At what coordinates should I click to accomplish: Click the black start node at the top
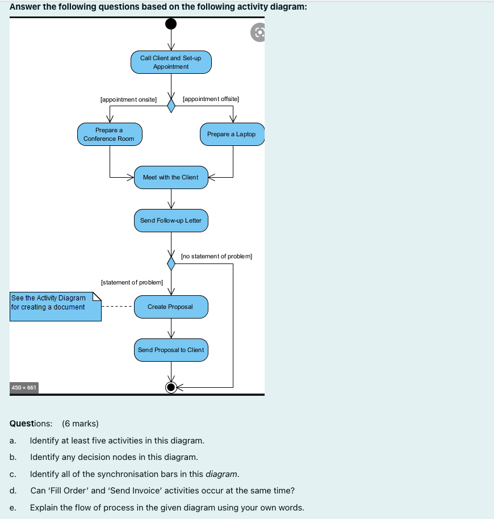point(171,24)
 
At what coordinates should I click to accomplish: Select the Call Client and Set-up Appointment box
point(171,62)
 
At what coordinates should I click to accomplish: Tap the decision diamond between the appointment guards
point(171,106)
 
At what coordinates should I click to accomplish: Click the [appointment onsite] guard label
point(128,99)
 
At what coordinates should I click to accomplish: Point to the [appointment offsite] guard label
point(211,99)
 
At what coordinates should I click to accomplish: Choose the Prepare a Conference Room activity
point(110,135)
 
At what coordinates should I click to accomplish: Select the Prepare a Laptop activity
point(232,135)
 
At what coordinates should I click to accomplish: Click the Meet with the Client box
point(171,177)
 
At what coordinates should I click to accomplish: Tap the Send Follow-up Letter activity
point(171,220)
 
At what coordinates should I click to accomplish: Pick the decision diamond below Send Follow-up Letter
point(171,263)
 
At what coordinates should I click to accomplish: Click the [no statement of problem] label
point(216,256)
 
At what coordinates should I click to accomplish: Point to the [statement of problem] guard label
point(132,282)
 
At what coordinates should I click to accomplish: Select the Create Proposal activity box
point(171,307)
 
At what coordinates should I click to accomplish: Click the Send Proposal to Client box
point(171,350)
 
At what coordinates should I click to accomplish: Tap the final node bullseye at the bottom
point(171,387)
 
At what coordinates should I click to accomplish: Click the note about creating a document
point(56,307)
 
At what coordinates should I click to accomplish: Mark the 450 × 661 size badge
point(24,388)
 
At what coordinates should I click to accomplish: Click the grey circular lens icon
point(258,32)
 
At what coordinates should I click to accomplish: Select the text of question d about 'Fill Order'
point(162,491)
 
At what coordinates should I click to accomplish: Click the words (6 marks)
point(80,424)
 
